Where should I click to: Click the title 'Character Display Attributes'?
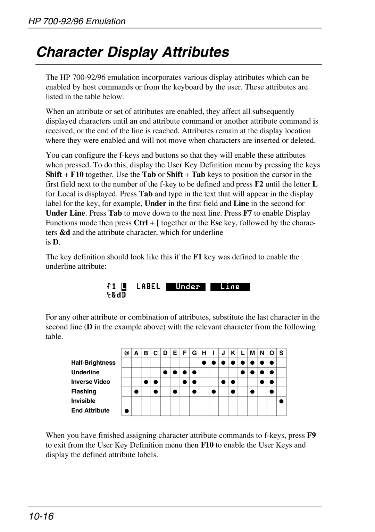coord(133,52)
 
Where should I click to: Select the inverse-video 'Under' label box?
coord(186,287)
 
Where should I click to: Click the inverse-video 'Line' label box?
coord(230,287)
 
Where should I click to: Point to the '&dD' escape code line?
coord(116,295)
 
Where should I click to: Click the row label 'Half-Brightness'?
coord(93,363)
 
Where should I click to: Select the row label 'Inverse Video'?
coord(91,382)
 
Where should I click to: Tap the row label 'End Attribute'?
coord(90,410)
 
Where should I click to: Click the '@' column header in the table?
coord(127,353)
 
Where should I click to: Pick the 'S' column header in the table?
coord(281,353)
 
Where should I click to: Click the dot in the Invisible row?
coord(281,401)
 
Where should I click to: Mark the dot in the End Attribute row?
coord(127,411)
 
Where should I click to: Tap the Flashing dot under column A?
coord(136,391)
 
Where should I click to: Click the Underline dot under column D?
coord(166,372)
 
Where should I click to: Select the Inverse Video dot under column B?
coord(146,382)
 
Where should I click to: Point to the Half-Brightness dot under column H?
coord(204,363)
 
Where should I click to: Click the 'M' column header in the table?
coord(252,353)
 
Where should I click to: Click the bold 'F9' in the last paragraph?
coord(311,435)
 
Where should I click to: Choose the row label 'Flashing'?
coord(84,391)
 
